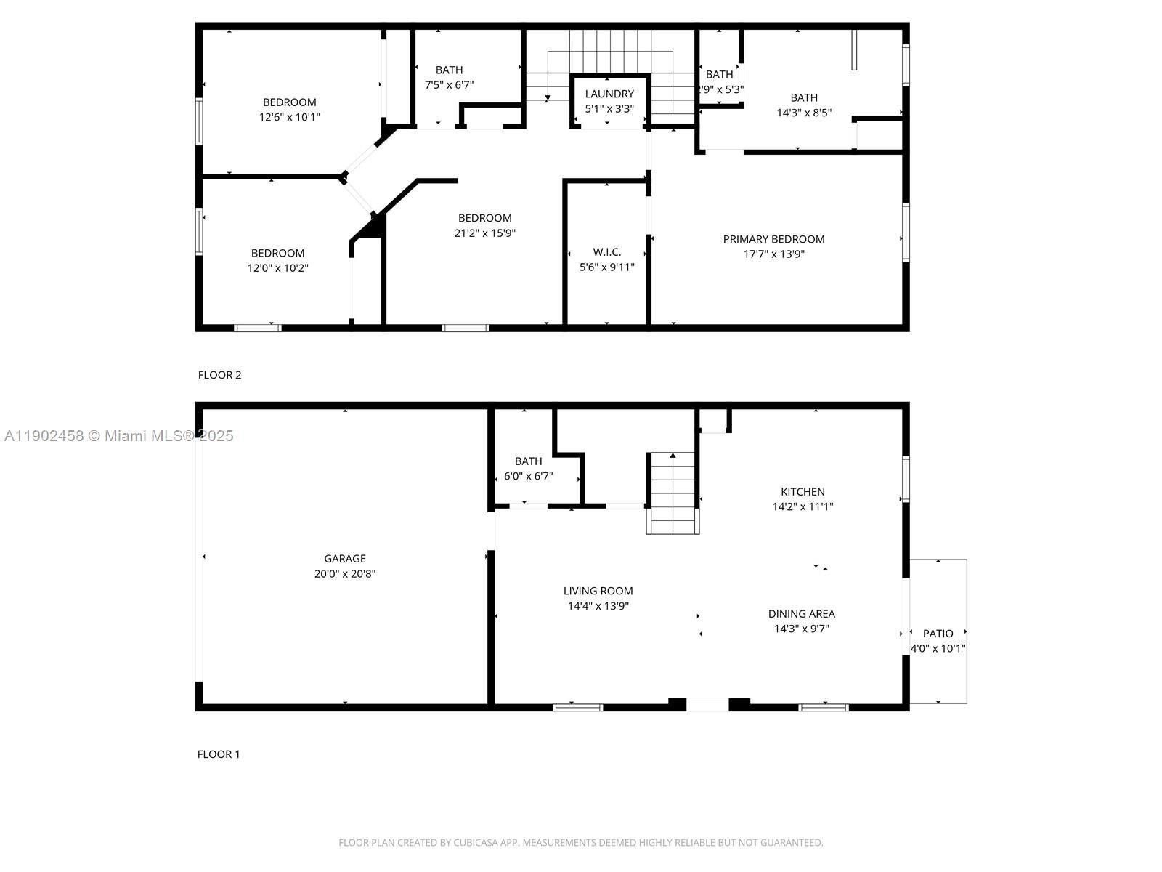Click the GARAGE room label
pyautogui.click(x=345, y=558)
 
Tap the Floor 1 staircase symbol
pyautogui.click(x=673, y=493)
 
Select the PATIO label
pyautogui.click(x=938, y=634)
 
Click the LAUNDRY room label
pyautogui.click(x=609, y=94)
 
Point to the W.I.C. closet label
pyautogui.click(x=606, y=252)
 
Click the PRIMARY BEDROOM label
pyautogui.click(x=773, y=239)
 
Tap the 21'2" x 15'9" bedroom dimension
pyautogui.click(x=484, y=233)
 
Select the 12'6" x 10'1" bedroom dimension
pyautogui.click(x=289, y=117)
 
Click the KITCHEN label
pyautogui.click(x=803, y=492)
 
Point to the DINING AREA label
pyautogui.click(x=801, y=614)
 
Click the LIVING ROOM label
pyautogui.click(x=598, y=591)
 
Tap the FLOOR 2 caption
pyautogui.click(x=219, y=375)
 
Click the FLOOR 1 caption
pyautogui.click(x=219, y=754)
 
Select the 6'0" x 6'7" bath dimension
pyautogui.click(x=528, y=477)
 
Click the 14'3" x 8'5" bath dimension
pyautogui.click(x=803, y=113)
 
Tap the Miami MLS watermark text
pyautogui.click(x=118, y=436)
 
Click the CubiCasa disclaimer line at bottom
pyautogui.click(x=580, y=843)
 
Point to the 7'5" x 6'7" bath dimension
pyautogui.click(x=449, y=85)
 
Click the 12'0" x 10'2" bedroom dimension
pyautogui.click(x=277, y=268)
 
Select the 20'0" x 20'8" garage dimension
pyautogui.click(x=345, y=574)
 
